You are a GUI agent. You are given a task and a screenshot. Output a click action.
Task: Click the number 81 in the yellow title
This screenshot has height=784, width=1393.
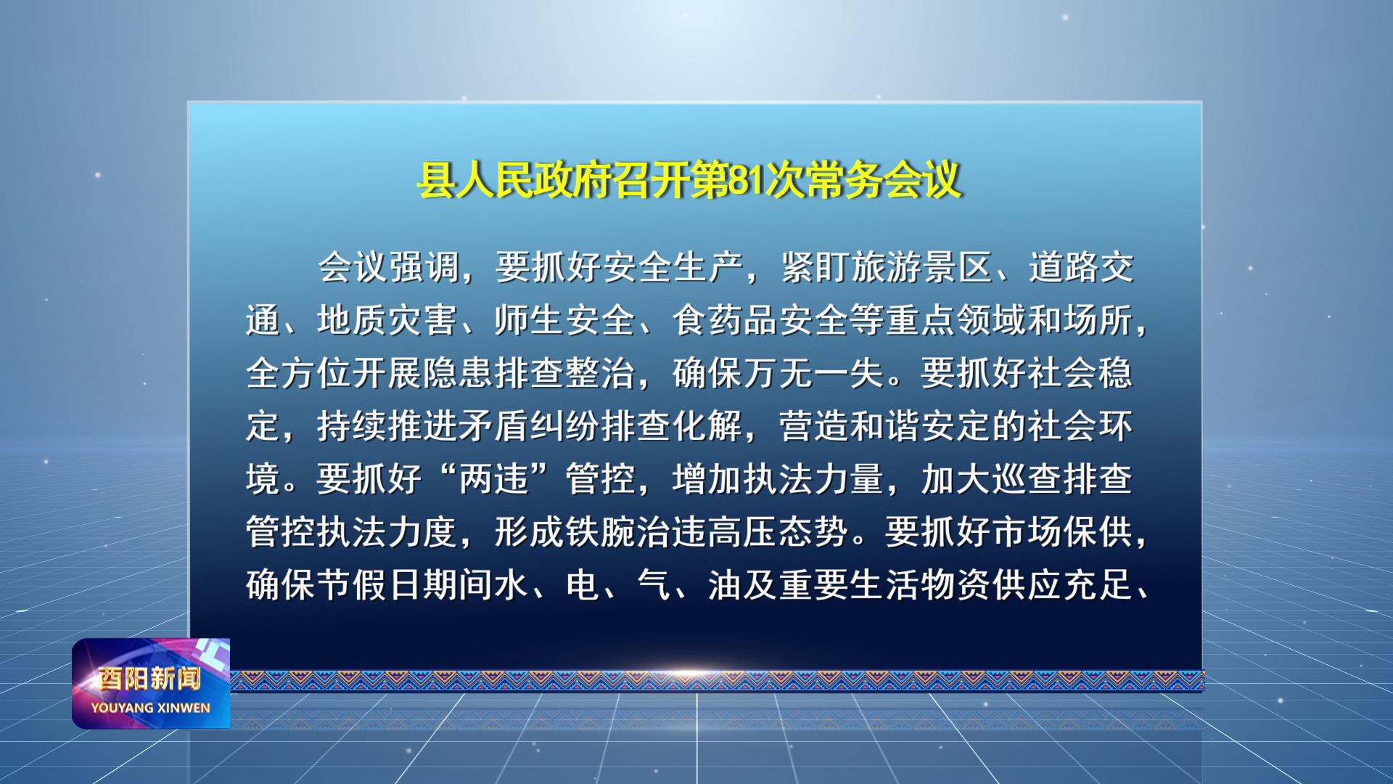[x=746, y=180]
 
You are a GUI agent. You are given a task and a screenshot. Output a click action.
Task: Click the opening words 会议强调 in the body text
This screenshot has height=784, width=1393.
[x=390, y=267]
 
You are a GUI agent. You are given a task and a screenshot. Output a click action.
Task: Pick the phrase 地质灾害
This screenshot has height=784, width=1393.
[x=387, y=320]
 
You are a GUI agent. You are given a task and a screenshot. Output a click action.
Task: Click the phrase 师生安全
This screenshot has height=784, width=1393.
[x=565, y=320]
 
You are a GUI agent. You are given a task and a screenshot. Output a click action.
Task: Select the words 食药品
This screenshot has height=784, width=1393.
[x=725, y=320]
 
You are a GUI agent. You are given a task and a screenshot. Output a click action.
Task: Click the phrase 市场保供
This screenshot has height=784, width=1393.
[x=1062, y=532]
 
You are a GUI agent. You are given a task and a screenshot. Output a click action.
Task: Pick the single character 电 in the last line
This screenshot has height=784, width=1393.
[x=583, y=585]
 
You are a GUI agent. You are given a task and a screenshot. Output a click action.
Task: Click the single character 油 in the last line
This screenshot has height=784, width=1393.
[x=725, y=585]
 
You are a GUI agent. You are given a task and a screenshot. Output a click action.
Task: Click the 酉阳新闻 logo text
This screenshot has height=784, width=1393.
[x=150, y=679]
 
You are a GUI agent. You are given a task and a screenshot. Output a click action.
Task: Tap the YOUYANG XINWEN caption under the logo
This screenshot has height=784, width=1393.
[x=150, y=708]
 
